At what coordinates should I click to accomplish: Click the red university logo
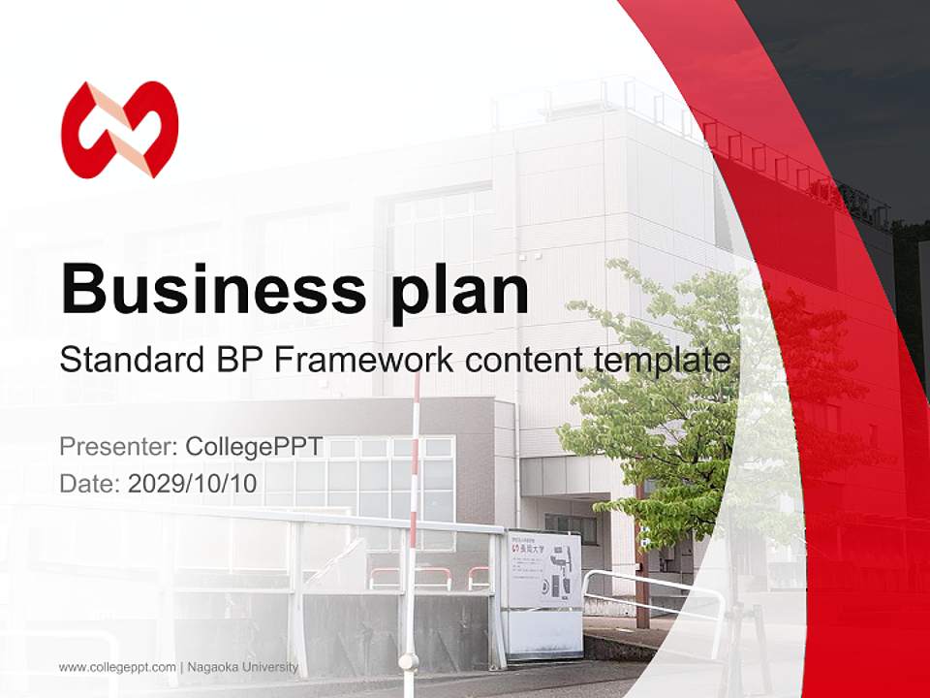(x=120, y=130)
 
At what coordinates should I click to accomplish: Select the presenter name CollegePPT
(x=255, y=447)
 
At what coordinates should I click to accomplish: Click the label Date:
(x=90, y=483)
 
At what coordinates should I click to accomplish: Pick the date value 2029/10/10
(x=193, y=483)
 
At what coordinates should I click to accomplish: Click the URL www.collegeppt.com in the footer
(x=117, y=667)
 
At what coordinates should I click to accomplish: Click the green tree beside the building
(x=678, y=407)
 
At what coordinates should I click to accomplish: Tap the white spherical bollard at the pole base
(x=409, y=662)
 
